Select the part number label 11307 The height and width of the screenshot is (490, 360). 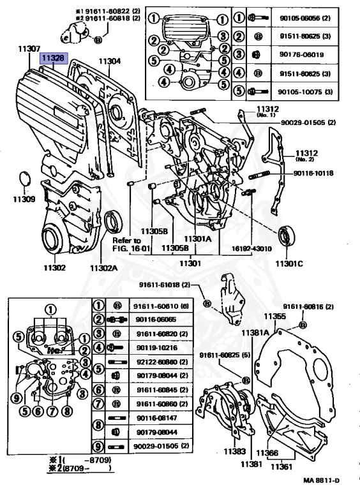[x=29, y=48]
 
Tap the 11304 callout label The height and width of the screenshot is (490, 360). [x=109, y=61]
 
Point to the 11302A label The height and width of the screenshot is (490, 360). [x=103, y=268]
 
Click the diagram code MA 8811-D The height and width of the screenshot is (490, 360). [x=321, y=480]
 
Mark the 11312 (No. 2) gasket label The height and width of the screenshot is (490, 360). [x=307, y=155]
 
